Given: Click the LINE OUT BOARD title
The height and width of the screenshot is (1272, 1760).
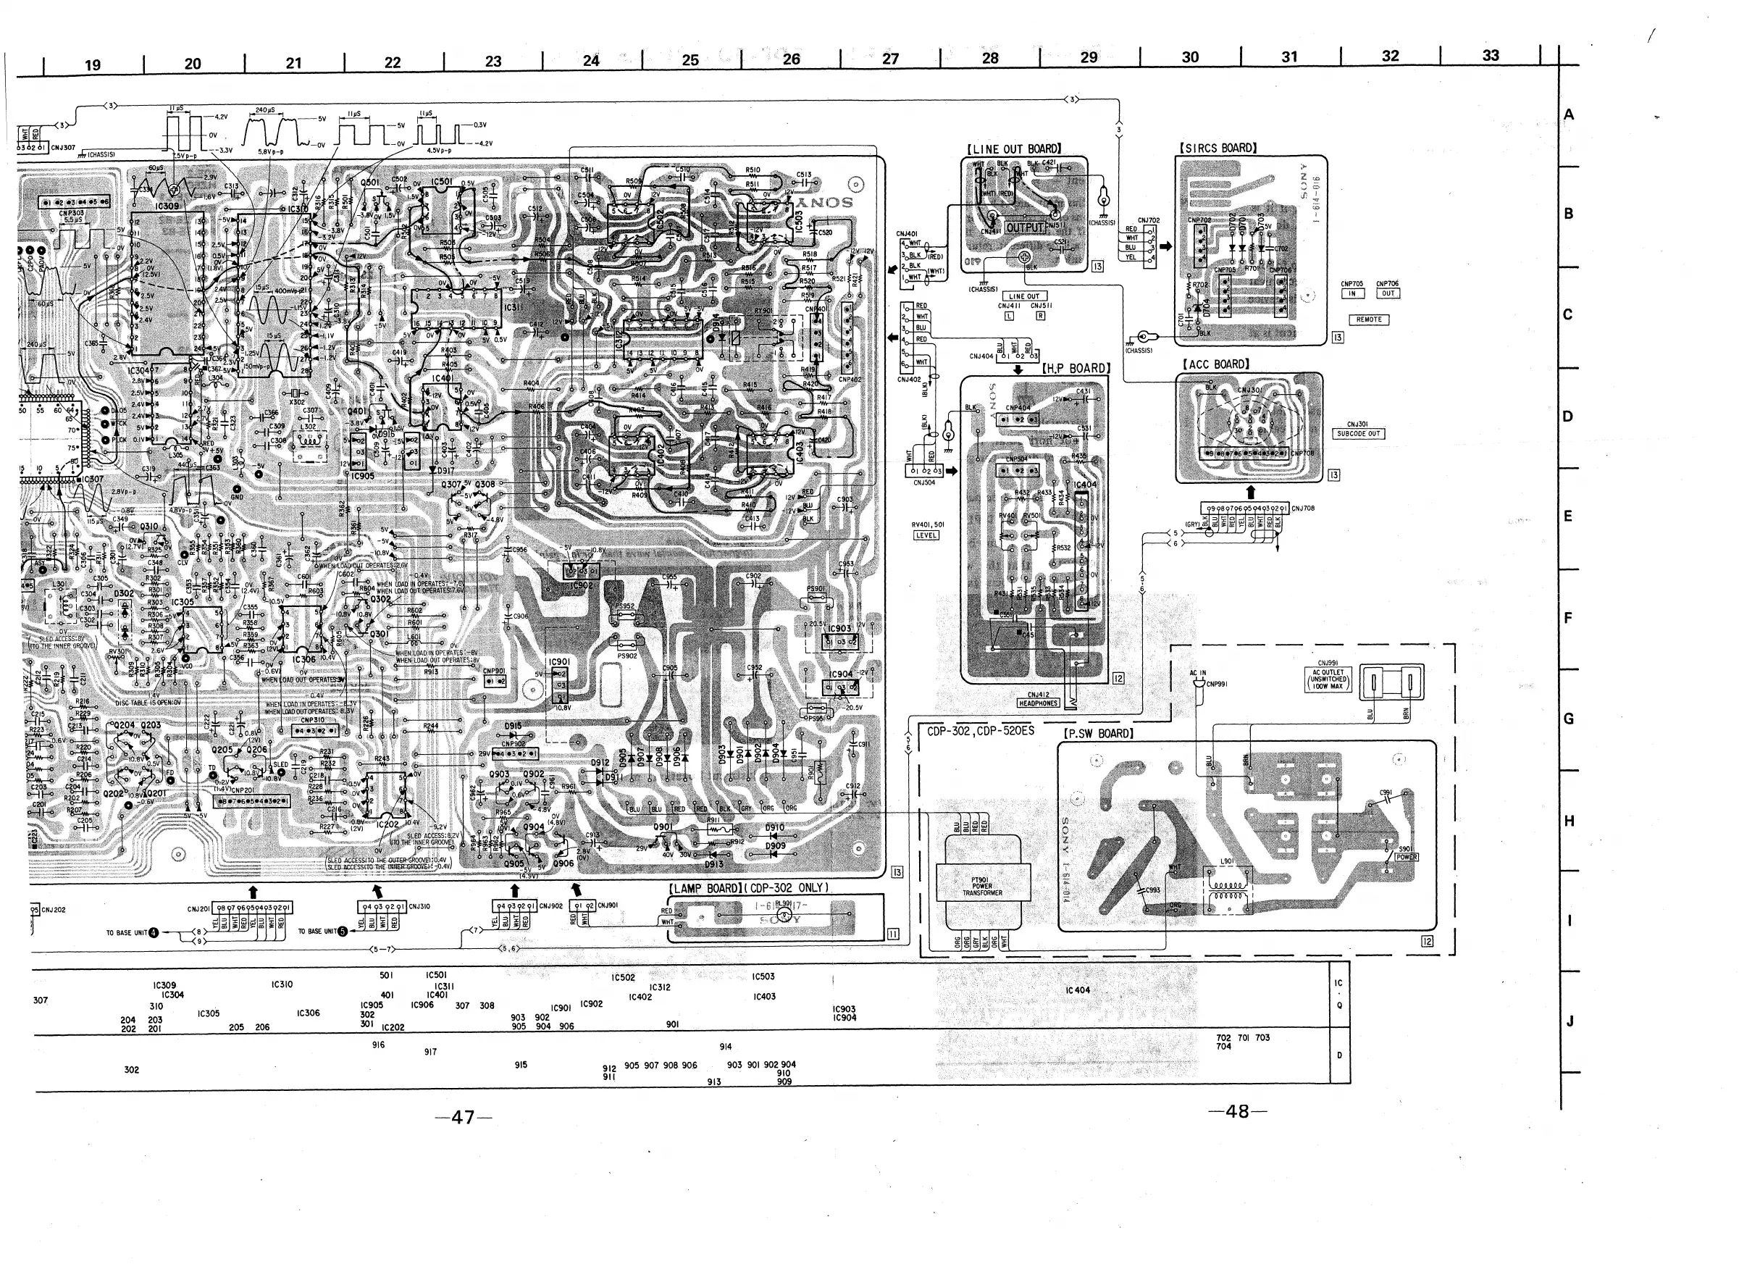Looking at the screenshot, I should pyautogui.click(x=1013, y=149).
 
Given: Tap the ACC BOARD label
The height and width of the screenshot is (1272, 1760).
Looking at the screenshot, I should pyautogui.click(x=1215, y=364).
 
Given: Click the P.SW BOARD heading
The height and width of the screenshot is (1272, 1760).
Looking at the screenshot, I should pyautogui.click(x=1098, y=733).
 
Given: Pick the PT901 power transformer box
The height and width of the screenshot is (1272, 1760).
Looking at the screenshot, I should pyautogui.click(x=982, y=887).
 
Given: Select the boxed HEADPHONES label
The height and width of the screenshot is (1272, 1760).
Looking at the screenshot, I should pyautogui.click(x=1039, y=703).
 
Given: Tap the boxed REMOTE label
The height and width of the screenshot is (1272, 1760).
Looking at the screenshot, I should pyautogui.click(x=1369, y=319).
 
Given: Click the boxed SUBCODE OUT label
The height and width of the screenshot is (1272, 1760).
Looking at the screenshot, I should pyautogui.click(x=1358, y=434).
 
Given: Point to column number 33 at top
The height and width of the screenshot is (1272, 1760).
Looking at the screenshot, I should pyautogui.click(x=1490, y=56).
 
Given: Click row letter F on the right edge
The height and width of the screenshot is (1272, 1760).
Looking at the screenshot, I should pyautogui.click(x=1568, y=619).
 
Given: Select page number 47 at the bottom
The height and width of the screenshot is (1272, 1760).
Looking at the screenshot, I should pyautogui.click(x=464, y=1117).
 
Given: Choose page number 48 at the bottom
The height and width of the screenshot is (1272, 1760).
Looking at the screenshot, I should pyautogui.click(x=1237, y=1111).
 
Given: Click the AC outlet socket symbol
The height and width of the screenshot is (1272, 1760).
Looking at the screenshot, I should pyautogui.click(x=1391, y=684).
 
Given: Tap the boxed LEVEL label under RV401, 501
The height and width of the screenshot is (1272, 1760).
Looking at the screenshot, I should pyautogui.click(x=926, y=535).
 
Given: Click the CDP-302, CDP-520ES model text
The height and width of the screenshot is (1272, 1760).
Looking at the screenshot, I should pyautogui.click(x=980, y=731).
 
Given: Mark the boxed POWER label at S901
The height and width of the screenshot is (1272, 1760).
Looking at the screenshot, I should pyautogui.click(x=1407, y=858).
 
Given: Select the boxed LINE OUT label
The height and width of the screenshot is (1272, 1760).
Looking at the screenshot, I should pyautogui.click(x=1024, y=296).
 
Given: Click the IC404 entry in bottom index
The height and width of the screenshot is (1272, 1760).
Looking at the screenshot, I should pyautogui.click(x=1077, y=990).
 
